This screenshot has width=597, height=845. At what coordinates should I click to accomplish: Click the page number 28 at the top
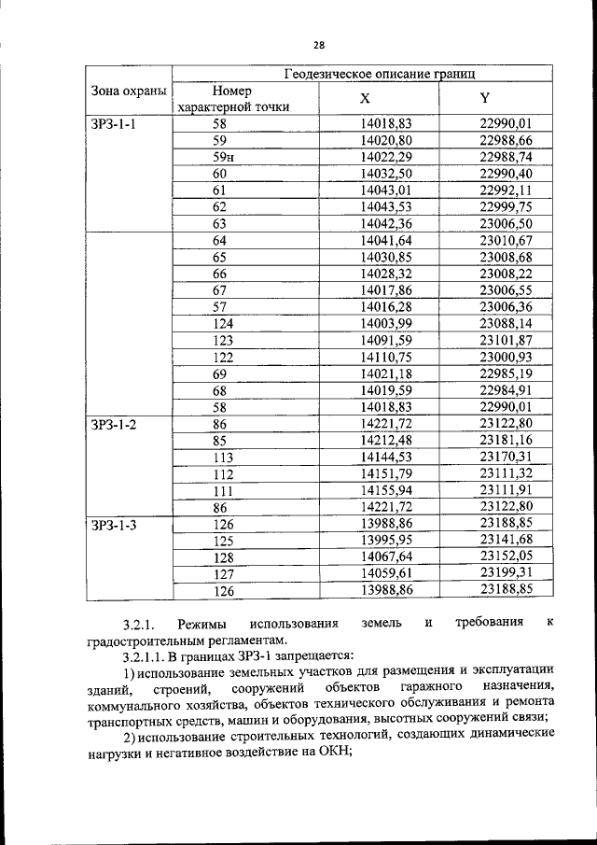[x=318, y=45]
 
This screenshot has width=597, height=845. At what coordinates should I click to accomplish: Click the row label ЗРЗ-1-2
[x=114, y=424]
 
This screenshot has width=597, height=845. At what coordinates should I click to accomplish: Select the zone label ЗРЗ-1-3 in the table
[x=114, y=525]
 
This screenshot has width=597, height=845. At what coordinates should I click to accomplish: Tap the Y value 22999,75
[x=505, y=206]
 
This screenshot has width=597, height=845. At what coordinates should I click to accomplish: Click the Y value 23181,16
[x=505, y=441]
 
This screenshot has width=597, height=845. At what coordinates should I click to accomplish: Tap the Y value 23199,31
[x=505, y=574]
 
